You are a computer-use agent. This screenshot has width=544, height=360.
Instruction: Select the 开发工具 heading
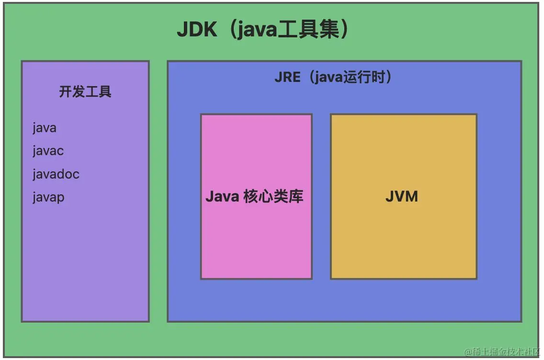pyautogui.click(x=85, y=91)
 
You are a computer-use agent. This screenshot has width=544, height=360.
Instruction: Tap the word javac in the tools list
pyautogui.click(x=48, y=151)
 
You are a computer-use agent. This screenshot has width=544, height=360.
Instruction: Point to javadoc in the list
pyautogui.click(x=56, y=174)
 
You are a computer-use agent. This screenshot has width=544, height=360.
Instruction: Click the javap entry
pyautogui.click(x=48, y=197)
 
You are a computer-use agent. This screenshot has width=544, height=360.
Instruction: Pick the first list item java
pyautogui.click(x=45, y=128)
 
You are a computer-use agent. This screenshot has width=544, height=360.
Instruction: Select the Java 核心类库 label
pyautogui.click(x=254, y=196)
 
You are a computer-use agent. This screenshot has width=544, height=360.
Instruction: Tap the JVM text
pyautogui.click(x=402, y=196)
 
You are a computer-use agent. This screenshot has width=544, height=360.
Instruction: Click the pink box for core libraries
pyautogui.click(x=256, y=239)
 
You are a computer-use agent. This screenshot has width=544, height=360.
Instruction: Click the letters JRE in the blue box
pyautogui.click(x=287, y=78)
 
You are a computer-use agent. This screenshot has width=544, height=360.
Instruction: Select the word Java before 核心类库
pyautogui.click(x=222, y=196)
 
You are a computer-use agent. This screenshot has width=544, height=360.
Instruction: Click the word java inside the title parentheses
pyautogui.click(x=258, y=31)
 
